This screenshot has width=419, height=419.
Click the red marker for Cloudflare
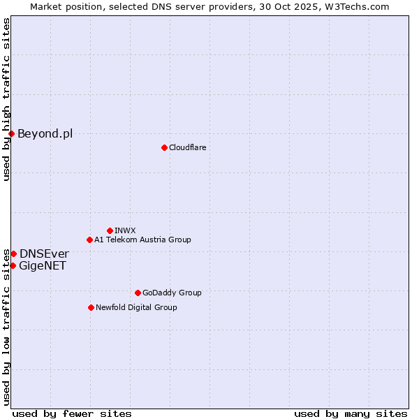pyautogui.click(x=164, y=147)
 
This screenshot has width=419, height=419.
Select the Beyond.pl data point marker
pyautogui.click(x=11, y=133)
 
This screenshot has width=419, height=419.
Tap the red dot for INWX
pyautogui.click(x=110, y=230)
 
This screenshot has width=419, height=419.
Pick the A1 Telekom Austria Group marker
pyautogui.click(x=89, y=240)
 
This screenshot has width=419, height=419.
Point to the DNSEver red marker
pyautogui.click(x=13, y=253)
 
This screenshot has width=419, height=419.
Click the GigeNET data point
pyautogui.click(x=13, y=265)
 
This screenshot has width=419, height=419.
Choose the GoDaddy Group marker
pyautogui.click(x=138, y=293)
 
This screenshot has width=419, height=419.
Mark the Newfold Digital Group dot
pyautogui.click(x=91, y=307)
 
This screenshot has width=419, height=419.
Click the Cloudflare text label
pyautogui.click(x=187, y=147)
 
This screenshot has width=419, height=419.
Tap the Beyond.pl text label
pyautogui.click(x=45, y=133)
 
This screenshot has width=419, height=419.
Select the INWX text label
pyautogui.click(x=125, y=230)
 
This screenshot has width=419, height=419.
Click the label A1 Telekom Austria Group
pyautogui.click(x=142, y=240)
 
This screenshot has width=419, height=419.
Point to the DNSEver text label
pyautogui.click(x=44, y=253)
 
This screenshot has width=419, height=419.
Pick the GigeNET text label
pyautogui.click(x=43, y=265)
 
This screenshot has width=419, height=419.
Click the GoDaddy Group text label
pyautogui.click(x=171, y=293)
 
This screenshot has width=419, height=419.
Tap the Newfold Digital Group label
pyautogui.click(x=136, y=307)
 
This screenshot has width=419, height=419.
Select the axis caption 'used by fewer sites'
pyautogui.click(x=72, y=413)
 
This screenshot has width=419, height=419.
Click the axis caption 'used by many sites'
pyautogui.click(x=351, y=413)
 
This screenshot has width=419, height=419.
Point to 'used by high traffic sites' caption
pyautogui.click(x=6, y=99)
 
